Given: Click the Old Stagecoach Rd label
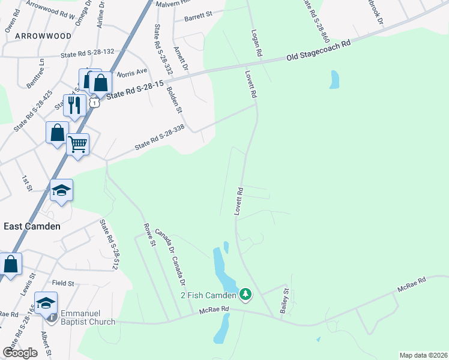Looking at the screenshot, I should [x=318, y=51].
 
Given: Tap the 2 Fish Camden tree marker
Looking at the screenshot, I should [x=245, y=295].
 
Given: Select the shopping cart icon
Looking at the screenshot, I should [x=77, y=144].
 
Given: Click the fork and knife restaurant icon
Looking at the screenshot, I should [x=74, y=105].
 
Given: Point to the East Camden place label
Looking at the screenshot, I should [x=32, y=226].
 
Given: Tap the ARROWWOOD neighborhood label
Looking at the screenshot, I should [x=38, y=36].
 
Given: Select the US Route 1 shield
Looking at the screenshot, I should [x=94, y=103].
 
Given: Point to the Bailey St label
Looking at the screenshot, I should [x=285, y=301].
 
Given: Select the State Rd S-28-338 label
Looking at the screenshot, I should [x=159, y=137].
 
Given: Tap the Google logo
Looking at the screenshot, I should [x=20, y=352].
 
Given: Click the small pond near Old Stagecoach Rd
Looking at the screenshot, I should [x=334, y=80].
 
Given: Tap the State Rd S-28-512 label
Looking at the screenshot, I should [x=107, y=244].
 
